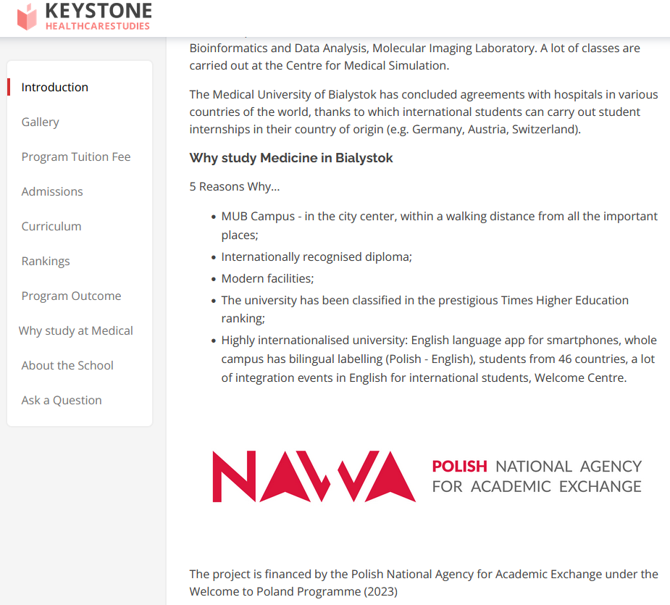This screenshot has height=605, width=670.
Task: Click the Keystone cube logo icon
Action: coord(27,17)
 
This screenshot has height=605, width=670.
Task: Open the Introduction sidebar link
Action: coord(55,87)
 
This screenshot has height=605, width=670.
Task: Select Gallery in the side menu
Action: coord(41,122)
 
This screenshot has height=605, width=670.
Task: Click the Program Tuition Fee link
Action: coord(76,157)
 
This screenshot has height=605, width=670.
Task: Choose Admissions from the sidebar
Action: coord(52,191)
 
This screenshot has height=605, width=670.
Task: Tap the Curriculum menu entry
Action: coord(51,226)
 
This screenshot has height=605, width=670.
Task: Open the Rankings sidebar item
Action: coord(46,261)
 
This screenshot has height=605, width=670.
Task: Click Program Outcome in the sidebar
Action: coord(71,296)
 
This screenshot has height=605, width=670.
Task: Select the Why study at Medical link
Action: coord(76,330)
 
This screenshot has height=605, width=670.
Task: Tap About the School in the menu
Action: coord(67,365)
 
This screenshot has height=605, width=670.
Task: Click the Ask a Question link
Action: coord(62,400)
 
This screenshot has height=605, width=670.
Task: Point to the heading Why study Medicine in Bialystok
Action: coord(291,158)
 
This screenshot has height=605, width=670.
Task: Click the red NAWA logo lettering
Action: coord(314,476)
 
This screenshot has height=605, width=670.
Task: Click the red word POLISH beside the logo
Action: coord(459,466)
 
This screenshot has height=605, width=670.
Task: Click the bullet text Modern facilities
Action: coord(267,278)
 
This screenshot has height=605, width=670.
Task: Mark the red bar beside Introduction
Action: coord(9,87)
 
